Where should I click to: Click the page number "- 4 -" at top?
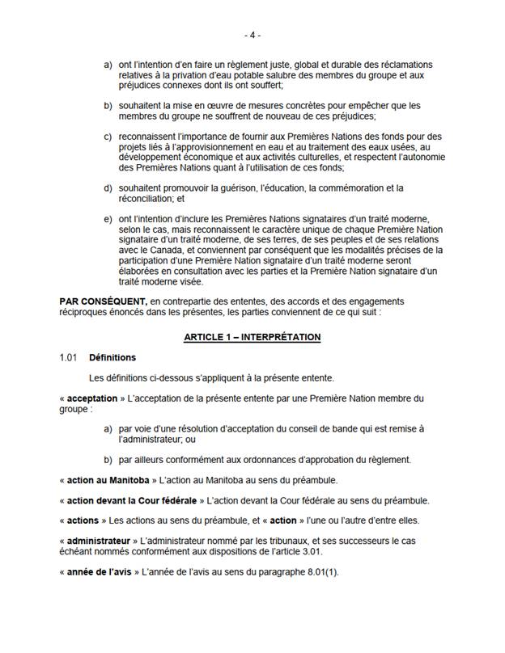tap(252, 36)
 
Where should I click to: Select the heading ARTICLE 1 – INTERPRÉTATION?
tap(252, 336)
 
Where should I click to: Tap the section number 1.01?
tap(68, 356)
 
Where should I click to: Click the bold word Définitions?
tap(112, 356)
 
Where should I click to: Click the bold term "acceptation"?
tap(91, 398)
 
